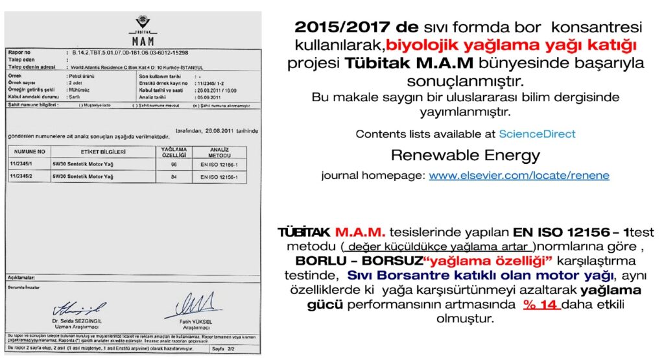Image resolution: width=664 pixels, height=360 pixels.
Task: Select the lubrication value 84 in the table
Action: point(173,176)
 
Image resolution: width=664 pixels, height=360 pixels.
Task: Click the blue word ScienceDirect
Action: point(537,134)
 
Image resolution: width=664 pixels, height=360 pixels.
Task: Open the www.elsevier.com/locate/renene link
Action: point(519,176)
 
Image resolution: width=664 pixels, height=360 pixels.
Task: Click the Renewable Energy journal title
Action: point(465,156)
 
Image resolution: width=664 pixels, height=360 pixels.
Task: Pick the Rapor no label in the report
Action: point(19,52)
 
